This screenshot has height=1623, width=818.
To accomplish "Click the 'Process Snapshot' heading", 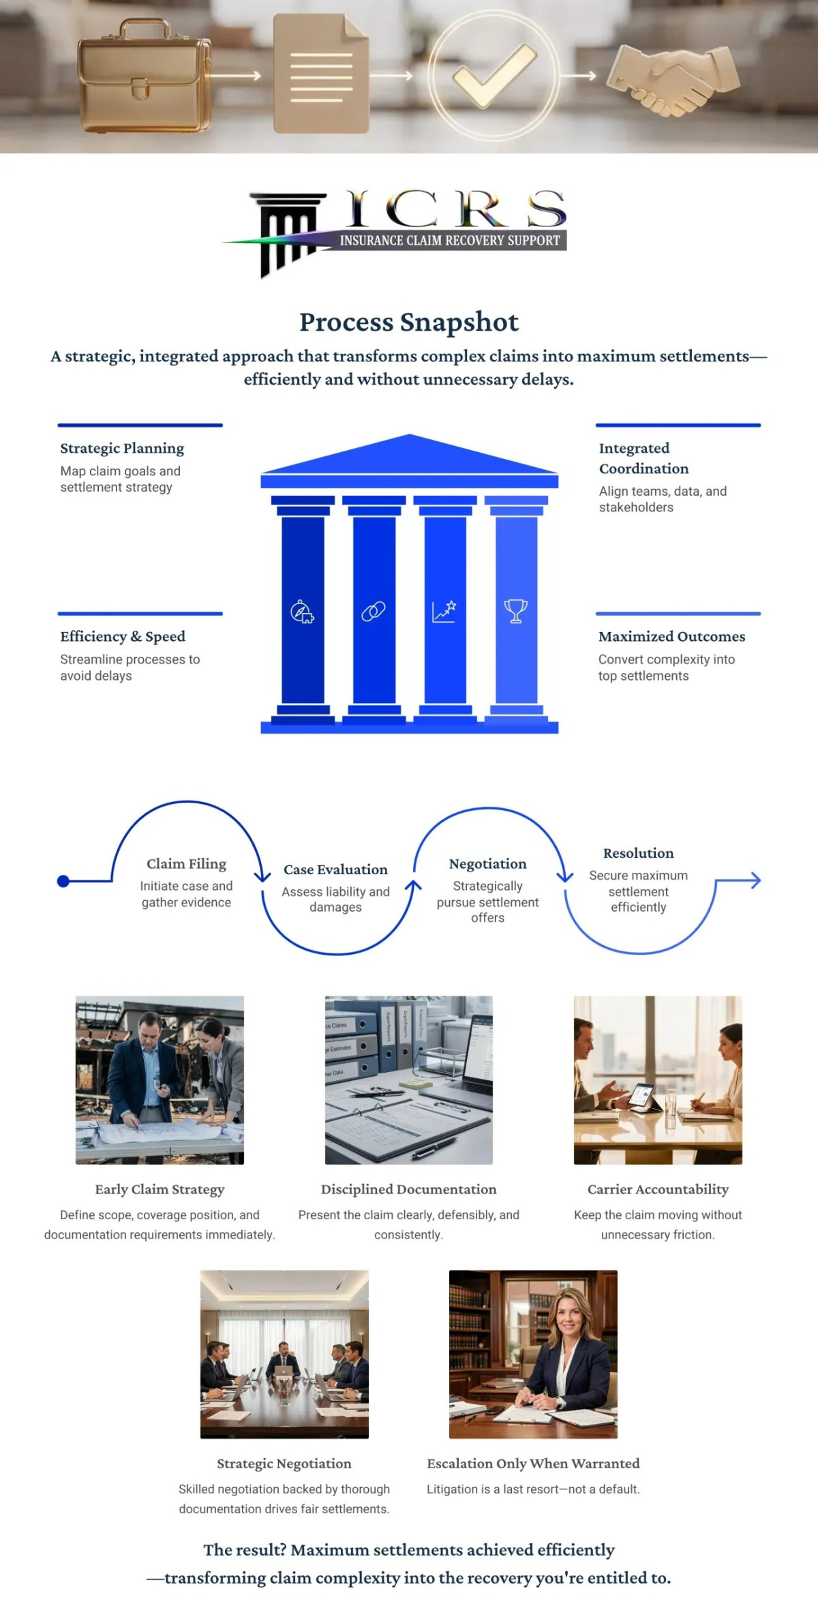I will tap(409, 322).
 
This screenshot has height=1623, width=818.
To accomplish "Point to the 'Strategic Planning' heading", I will tap(122, 448).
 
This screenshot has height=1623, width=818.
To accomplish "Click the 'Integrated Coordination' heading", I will tap(643, 458).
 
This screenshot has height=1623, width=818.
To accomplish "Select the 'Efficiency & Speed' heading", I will tap(123, 636).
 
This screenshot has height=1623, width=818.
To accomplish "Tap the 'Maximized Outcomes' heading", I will tap(671, 636).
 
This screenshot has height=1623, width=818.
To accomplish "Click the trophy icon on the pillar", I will tap(515, 611).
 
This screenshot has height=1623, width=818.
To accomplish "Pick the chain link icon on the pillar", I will tap(374, 611).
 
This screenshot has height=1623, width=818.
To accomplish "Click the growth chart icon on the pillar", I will tap(444, 611).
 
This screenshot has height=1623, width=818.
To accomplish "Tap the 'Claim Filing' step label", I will tap(186, 863).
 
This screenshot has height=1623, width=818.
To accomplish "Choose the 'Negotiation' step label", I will tap(488, 863).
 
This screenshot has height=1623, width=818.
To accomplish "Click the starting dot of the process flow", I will tap(63, 881).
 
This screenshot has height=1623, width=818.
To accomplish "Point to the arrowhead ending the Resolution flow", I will tap(755, 880).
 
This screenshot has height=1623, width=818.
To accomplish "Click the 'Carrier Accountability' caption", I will tap(658, 1189).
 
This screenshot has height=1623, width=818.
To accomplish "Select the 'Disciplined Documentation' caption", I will tap(409, 1189).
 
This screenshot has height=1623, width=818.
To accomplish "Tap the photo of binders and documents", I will tap(409, 1079).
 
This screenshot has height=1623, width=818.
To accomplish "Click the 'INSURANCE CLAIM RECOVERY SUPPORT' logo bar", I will tap(450, 240).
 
